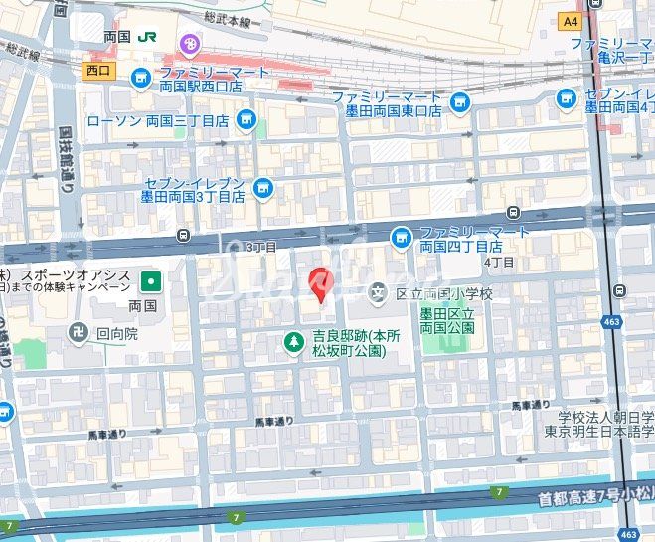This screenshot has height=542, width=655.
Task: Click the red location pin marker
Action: click(319, 283)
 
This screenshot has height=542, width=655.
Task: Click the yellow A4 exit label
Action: click(570, 20)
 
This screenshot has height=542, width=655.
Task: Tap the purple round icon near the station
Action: click(188, 43)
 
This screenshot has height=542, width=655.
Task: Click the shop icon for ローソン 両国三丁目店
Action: click(246, 121)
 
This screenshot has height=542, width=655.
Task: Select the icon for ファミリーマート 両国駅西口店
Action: click(141, 77)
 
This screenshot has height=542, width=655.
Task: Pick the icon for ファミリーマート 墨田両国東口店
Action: click(459, 101)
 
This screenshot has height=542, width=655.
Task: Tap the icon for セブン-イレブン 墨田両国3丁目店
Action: click(262, 187)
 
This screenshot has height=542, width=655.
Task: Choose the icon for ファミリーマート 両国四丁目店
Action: click(401, 237)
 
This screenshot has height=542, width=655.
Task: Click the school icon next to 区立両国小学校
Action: click(378, 292)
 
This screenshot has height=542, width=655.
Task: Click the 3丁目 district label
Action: click(261, 246)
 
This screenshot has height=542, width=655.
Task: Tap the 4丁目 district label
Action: click(498, 261)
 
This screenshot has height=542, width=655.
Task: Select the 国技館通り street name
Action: click(66, 158)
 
